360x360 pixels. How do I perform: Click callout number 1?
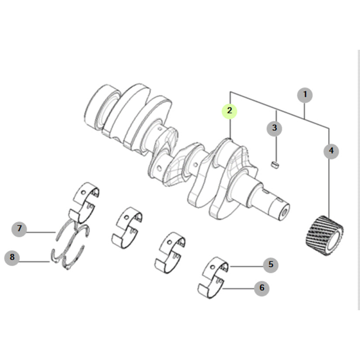305,95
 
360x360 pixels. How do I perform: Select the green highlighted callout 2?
230,111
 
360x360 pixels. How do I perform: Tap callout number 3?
274,128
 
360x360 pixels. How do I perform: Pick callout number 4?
331,151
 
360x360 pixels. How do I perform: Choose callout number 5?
271,265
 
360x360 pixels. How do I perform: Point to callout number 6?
262,288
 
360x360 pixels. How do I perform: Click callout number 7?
19,229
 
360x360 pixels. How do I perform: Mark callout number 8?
12,257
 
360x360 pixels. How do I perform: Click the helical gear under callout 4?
325,235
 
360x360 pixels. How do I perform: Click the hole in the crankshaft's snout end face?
284,212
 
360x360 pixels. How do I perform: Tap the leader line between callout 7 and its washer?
41,232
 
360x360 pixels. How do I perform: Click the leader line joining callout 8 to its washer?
34,261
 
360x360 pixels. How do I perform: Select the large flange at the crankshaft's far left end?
101,107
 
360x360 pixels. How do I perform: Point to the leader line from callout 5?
247,266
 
